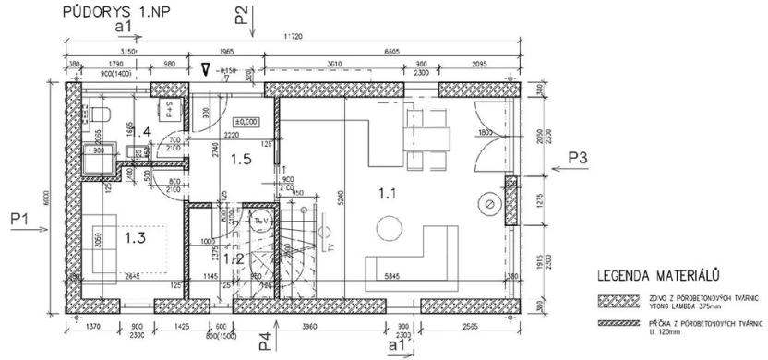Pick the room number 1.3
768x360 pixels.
click(136, 237)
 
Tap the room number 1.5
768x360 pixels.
click(240, 159)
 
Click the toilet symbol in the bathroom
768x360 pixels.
click(103, 114)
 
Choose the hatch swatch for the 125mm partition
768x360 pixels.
click(617, 323)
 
